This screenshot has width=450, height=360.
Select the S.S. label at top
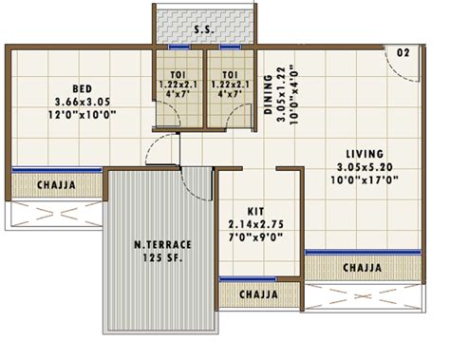[x=204, y=30]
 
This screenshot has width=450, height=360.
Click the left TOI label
[x=177, y=73]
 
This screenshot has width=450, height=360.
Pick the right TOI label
[x=229, y=73]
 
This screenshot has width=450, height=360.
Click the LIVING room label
[x=366, y=153]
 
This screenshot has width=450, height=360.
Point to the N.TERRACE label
[x=161, y=245]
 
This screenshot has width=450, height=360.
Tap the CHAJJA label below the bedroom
[x=55, y=184]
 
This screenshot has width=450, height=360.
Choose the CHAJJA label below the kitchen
[x=258, y=294]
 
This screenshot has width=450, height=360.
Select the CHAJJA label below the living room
[x=363, y=268]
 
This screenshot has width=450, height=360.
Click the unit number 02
[x=403, y=52]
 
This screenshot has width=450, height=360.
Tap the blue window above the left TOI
[x=178, y=47]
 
